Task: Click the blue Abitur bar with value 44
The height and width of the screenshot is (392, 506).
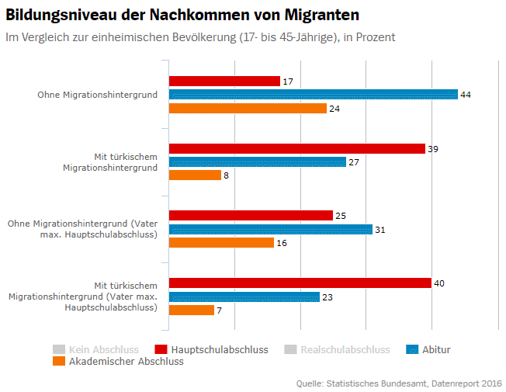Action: click(x=313, y=95)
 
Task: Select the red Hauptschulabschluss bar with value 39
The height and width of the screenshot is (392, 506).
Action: click(x=296, y=148)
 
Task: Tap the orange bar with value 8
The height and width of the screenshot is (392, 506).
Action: click(x=195, y=175)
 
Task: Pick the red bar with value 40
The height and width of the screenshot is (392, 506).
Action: click(x=300, y=283)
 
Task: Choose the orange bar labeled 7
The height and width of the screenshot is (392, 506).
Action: click(x=191, y=310)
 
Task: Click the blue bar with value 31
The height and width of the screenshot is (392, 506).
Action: click(x=270, y=230)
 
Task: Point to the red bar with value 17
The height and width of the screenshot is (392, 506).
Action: click(x=224, y=81)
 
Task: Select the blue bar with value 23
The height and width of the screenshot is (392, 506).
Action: click(x=244, y=297)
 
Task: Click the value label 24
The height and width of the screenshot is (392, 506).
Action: click(x=334, y=109)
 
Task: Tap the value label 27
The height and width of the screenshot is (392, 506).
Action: click(x=354, y=162)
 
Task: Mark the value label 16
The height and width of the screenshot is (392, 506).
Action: click(x=282, y=243)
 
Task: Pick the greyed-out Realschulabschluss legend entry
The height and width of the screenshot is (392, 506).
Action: click(x=335, y=350)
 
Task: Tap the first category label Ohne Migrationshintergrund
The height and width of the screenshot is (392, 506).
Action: click(x=98, y=95)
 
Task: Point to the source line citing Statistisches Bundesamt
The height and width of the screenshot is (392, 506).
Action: click(x=399, y=383)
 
